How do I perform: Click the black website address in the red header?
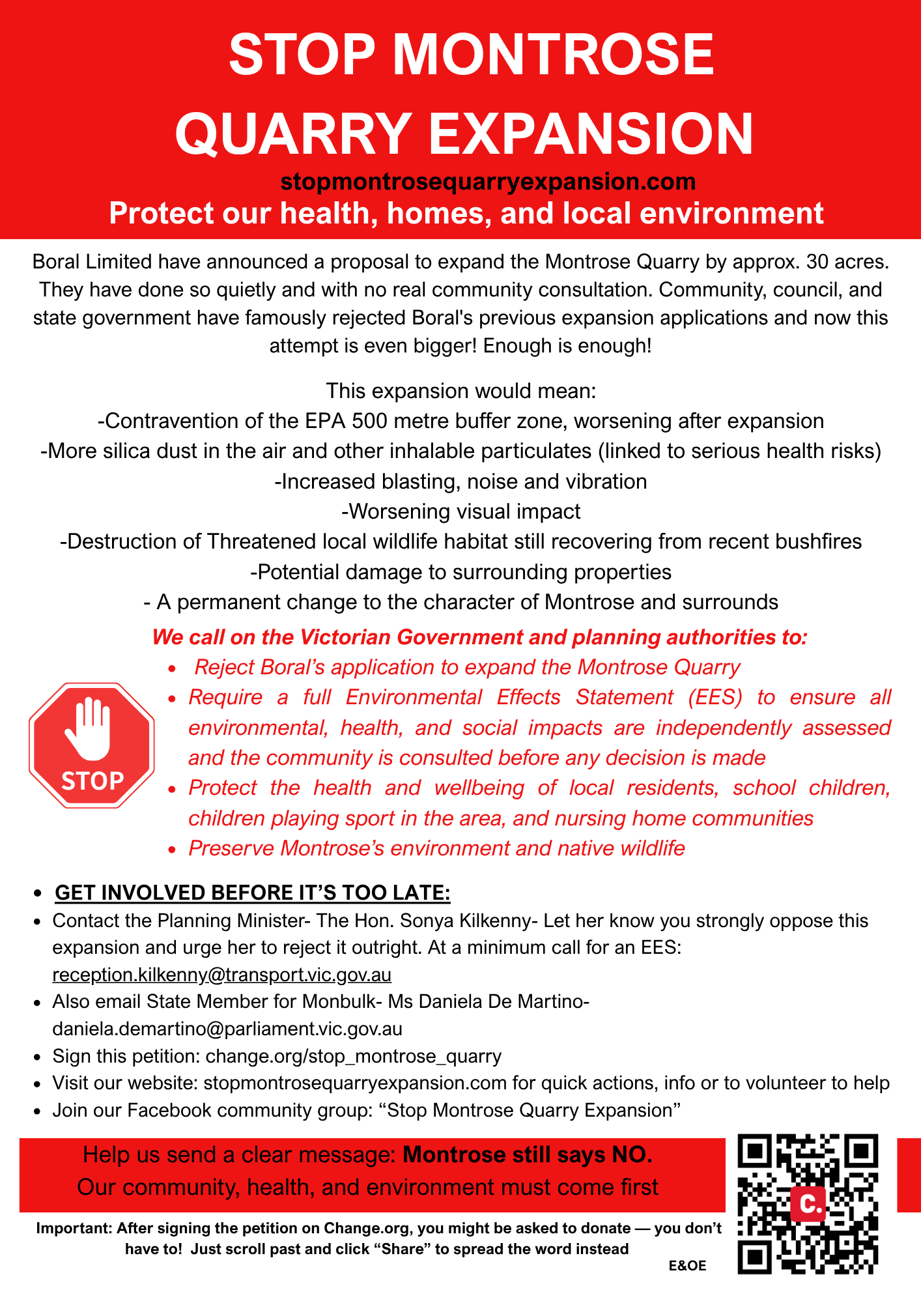tap(488, 181)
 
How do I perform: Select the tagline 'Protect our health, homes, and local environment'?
tap(466, 213)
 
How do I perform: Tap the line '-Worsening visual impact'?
tap(460, 511)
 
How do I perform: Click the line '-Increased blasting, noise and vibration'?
tap(460, 481)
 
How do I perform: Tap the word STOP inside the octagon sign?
tap(92, 780)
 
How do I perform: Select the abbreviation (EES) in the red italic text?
tap(715, 697)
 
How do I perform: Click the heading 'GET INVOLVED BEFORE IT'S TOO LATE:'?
tap(253, 893)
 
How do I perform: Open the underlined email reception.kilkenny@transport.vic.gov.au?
tap(222, 975)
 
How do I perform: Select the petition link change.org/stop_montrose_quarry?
tap(354, 1056)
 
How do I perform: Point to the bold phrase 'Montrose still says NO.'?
tap(528, 1155)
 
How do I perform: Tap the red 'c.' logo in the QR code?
tap(809, 1204)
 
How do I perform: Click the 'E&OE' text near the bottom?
tap(687, 1266)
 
